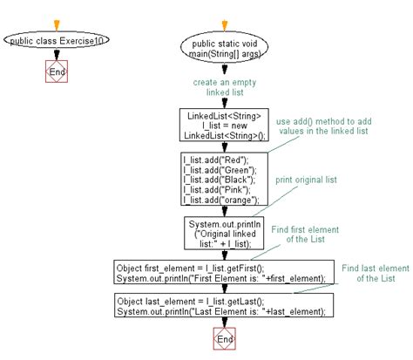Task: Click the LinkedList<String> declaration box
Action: point(223,126)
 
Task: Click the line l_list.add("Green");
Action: point(219,168)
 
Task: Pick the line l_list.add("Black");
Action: point(219,178)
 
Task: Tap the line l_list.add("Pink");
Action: point(216,188)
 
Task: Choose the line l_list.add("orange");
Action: point(220,199)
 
